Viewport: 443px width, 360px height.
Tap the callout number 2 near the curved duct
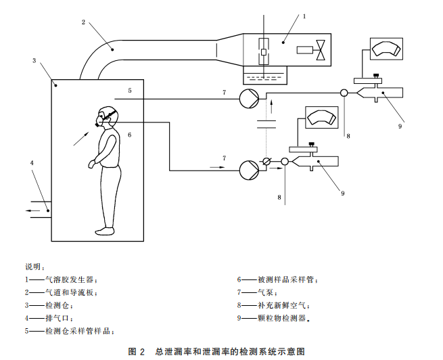[x=83, y=22]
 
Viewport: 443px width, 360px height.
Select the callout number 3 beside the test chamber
[x=34, y=61]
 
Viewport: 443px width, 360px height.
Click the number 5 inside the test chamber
[x=130, y=89]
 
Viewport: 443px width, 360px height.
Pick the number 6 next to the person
[x=129, y=135]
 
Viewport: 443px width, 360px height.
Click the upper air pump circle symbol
[x=248, y=99]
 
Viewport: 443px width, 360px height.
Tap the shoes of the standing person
[x=106, y=231]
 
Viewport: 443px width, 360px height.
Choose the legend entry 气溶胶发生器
[x=71, y=279]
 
